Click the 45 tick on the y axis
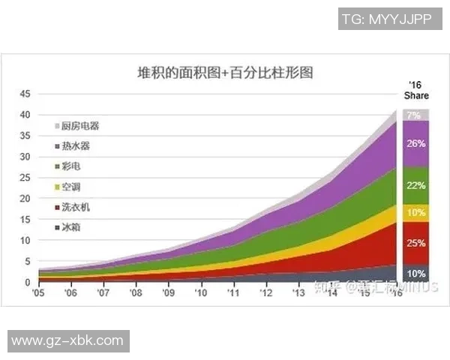coord(24,94)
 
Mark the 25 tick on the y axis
coord(24,178)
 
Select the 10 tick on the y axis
coord(24,241)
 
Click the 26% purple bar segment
coord(416,143)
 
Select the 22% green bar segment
coord(416,185)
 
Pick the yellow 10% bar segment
coord(416,213)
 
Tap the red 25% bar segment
coord(416,243)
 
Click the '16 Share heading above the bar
coord(416,90)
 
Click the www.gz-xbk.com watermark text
coord(67,340)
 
